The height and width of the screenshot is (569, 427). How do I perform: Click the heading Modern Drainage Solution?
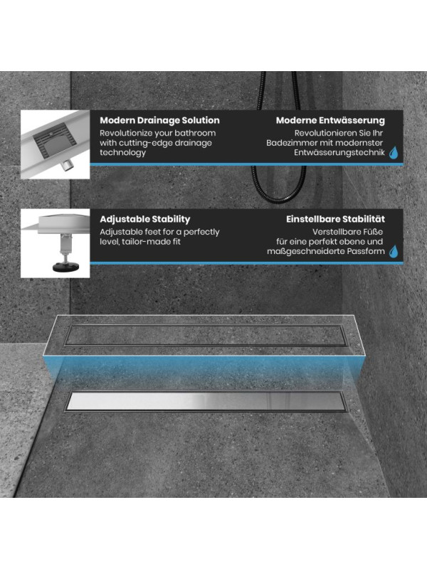(159, 120)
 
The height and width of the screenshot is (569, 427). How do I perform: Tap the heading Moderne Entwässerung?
(330, 120)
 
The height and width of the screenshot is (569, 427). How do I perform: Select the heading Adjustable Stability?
(145, 219)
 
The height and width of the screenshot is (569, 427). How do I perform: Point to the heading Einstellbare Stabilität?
(335, 219)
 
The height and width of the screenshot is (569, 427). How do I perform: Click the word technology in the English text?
(122, 152)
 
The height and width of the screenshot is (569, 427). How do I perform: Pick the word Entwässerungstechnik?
(339, 153)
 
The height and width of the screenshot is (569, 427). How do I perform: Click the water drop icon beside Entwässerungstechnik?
(394, 153)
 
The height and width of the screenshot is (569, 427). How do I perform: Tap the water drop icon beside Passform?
(394, 252)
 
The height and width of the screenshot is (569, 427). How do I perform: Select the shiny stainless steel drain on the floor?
(206, 401)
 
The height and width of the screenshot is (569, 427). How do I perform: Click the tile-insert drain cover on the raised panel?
(205, 334)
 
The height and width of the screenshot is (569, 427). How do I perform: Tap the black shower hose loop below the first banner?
(279, 185)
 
